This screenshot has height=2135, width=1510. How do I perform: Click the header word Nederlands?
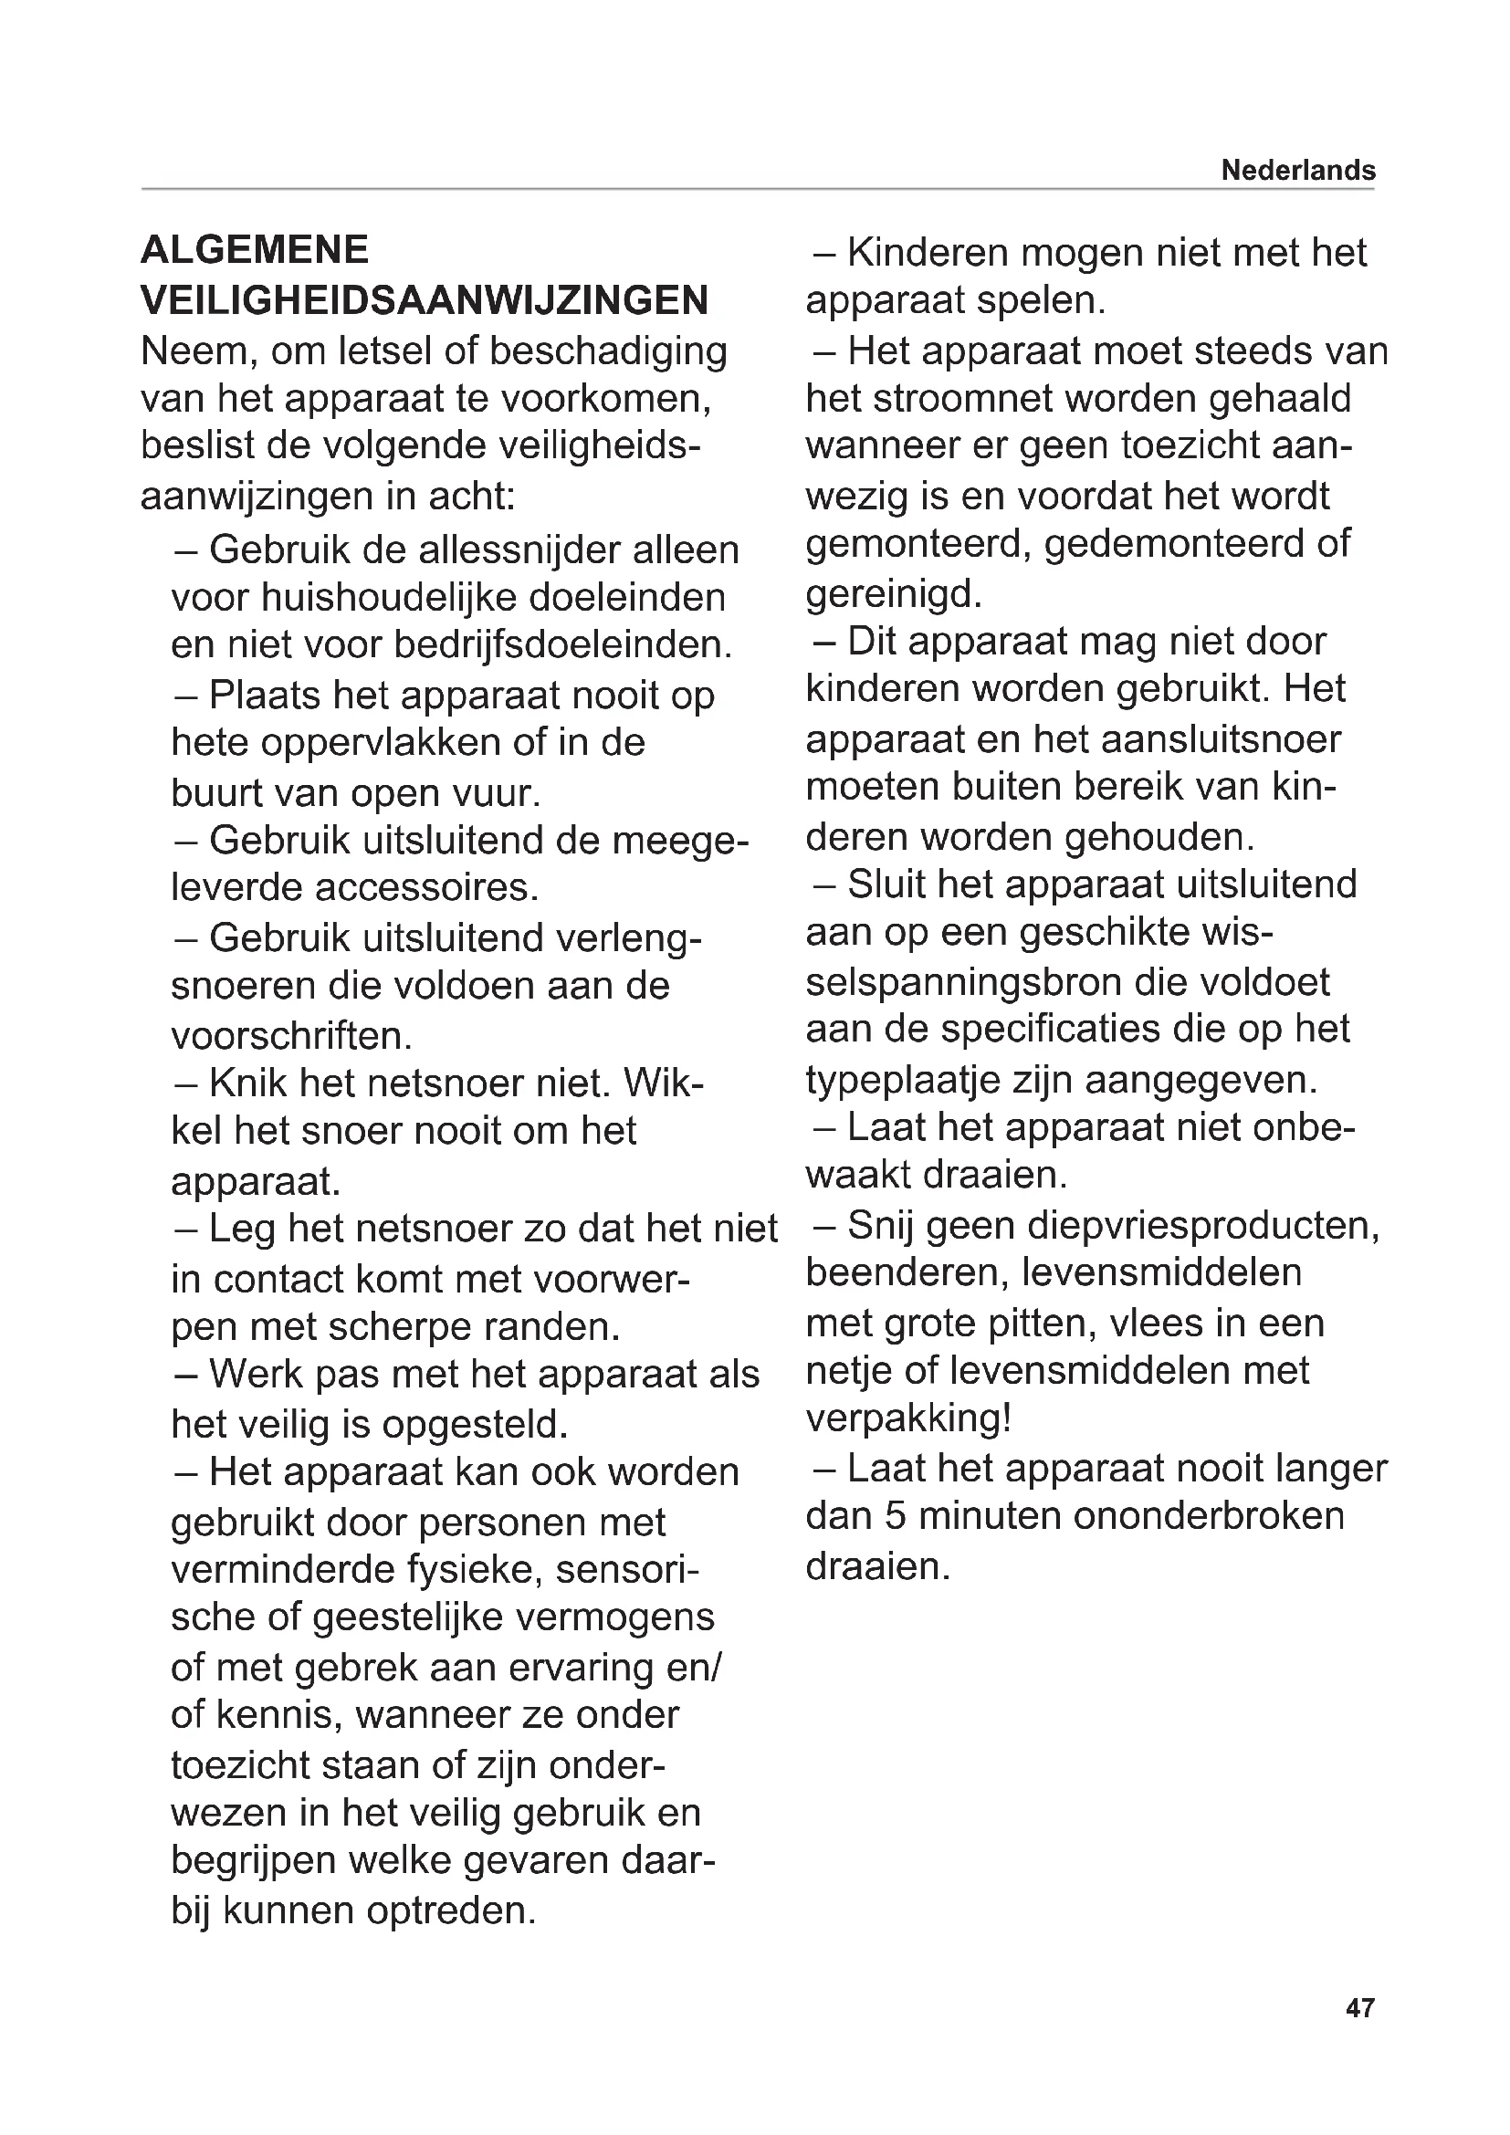click(1298, 170)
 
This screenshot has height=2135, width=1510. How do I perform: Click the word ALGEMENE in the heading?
click(255, 250)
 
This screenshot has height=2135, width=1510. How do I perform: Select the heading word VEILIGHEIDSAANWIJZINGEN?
click(425, 300)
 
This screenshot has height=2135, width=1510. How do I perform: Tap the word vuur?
click(495, 792)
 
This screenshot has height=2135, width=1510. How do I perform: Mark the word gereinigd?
click(894, 593)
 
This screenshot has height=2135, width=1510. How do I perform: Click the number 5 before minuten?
click(895, 1516)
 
